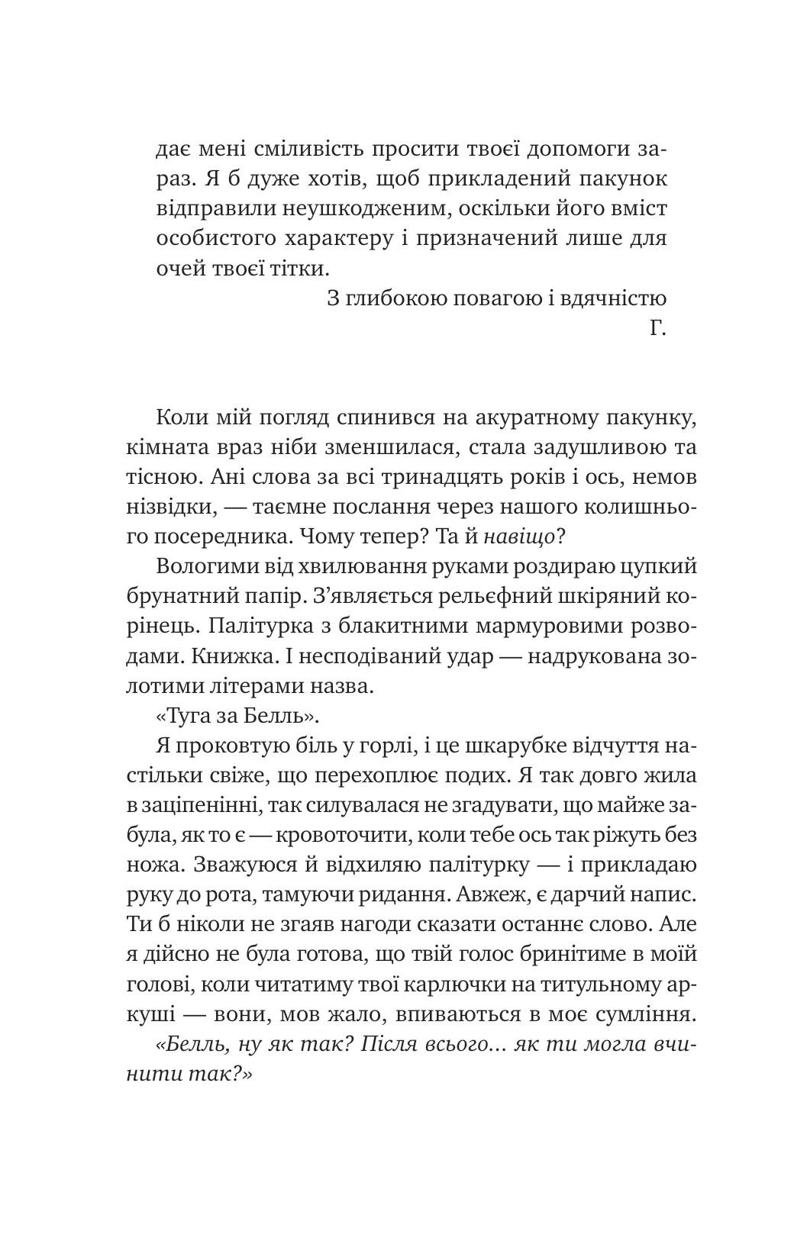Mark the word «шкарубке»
point(497,746)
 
